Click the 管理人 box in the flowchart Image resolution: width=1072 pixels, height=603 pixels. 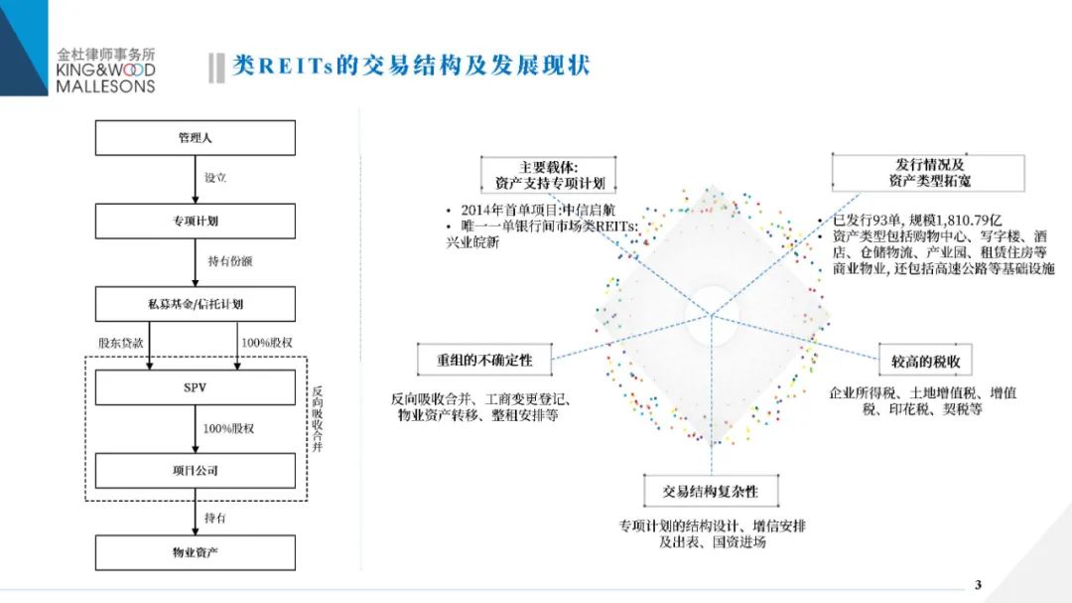click(195, 138)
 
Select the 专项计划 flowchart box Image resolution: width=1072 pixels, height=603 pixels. click(195, 221)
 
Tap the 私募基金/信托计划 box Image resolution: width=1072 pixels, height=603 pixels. click(195, 303)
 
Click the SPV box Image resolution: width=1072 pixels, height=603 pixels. click(195, 387)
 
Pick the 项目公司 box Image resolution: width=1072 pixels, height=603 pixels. click(195, 470)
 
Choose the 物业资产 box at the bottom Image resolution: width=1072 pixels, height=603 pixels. click(195, 552)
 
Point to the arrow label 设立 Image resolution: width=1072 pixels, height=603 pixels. click(215, 178)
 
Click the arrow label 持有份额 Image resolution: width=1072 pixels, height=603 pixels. click(230, 261)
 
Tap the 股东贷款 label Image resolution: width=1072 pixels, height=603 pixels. click(121, 342)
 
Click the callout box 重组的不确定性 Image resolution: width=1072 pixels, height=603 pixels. click(484, 359)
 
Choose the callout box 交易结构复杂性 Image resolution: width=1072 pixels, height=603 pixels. click(710, 491)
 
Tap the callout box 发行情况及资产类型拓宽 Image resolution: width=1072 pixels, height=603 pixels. click(929, 172)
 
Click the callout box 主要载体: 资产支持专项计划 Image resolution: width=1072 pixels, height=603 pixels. click(548, 174)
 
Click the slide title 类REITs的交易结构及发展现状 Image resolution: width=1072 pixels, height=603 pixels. click(411, 67)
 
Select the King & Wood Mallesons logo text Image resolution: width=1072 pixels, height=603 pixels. click(107, 71)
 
